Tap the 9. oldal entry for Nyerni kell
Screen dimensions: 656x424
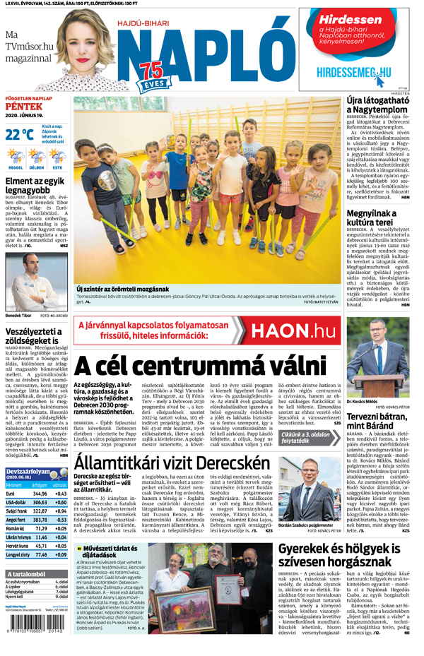(x=62, y=597)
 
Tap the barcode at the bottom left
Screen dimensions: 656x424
(x=36, y=624)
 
